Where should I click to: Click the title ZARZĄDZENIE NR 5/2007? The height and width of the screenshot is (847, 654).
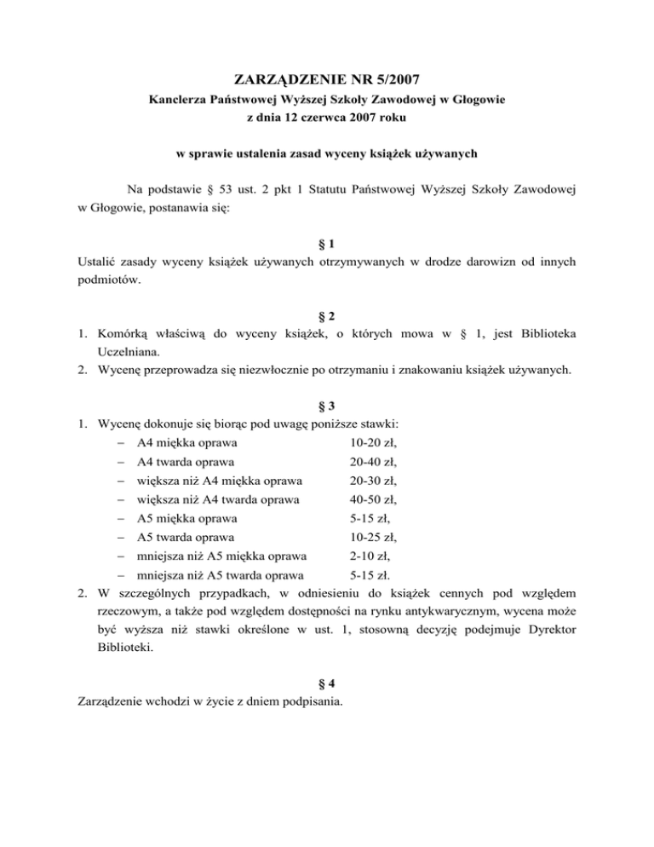pos(327,81)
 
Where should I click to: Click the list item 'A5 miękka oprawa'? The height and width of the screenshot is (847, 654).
pos(186,518)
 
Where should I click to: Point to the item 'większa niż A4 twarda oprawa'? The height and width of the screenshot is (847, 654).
pos(216,499)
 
